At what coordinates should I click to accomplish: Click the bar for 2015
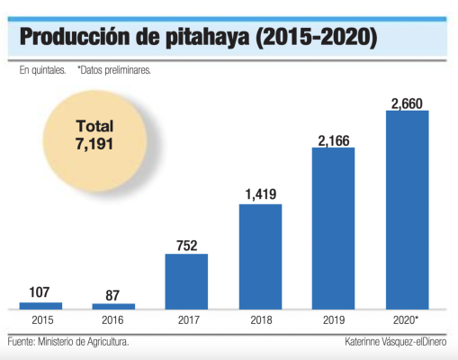coord(40,306)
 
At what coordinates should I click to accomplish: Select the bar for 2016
coord(113,307)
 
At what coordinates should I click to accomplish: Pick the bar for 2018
coord(260,256)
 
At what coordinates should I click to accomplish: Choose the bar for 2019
coord(333,229)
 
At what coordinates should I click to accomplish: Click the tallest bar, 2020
coord(407,210)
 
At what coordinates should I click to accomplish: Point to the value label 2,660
coord(407,102)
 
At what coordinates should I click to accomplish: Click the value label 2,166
coord(333,139)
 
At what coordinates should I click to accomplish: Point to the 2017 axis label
coord(186,320)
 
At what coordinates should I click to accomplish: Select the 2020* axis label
coord(408,320)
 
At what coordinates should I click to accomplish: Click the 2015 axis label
coord(40,320)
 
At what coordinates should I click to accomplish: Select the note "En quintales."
coord(41,69)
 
